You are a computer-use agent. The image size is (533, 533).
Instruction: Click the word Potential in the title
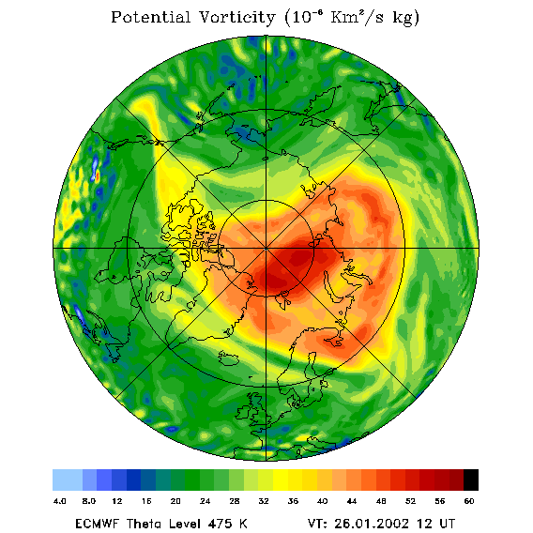pyautogui.click(x=150, y=18)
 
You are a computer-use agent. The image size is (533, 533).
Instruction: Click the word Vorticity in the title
pyautogui.click(x=236, y=18)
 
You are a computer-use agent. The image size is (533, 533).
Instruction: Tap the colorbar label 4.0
pyautogui.click(x=59, y=501)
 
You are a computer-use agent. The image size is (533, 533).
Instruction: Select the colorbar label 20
pyautogui.click(x=175, y=501)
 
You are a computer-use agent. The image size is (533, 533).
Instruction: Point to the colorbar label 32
pyautogui.click(x=264, y=501)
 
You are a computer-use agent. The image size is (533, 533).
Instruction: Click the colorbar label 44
pyautogui.click(x=352, y=501)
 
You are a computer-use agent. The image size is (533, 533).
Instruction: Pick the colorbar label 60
pyautogui.click(x=469, y=501)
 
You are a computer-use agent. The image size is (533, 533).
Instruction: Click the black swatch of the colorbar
pyautogui.click(x=471, y=480)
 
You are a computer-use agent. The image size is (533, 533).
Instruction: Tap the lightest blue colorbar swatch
pyautogui.click(x=68, y=480)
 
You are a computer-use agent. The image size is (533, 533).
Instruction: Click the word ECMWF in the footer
pyautogui.click(x=97, y=524)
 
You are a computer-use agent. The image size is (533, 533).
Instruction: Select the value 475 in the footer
pyautogui.click(x=221, y=524)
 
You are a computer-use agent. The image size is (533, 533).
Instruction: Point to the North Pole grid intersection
pyautogui.click(x=266, y=249)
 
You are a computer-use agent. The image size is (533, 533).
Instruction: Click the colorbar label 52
pyautogui.click(x=410, y=501)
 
